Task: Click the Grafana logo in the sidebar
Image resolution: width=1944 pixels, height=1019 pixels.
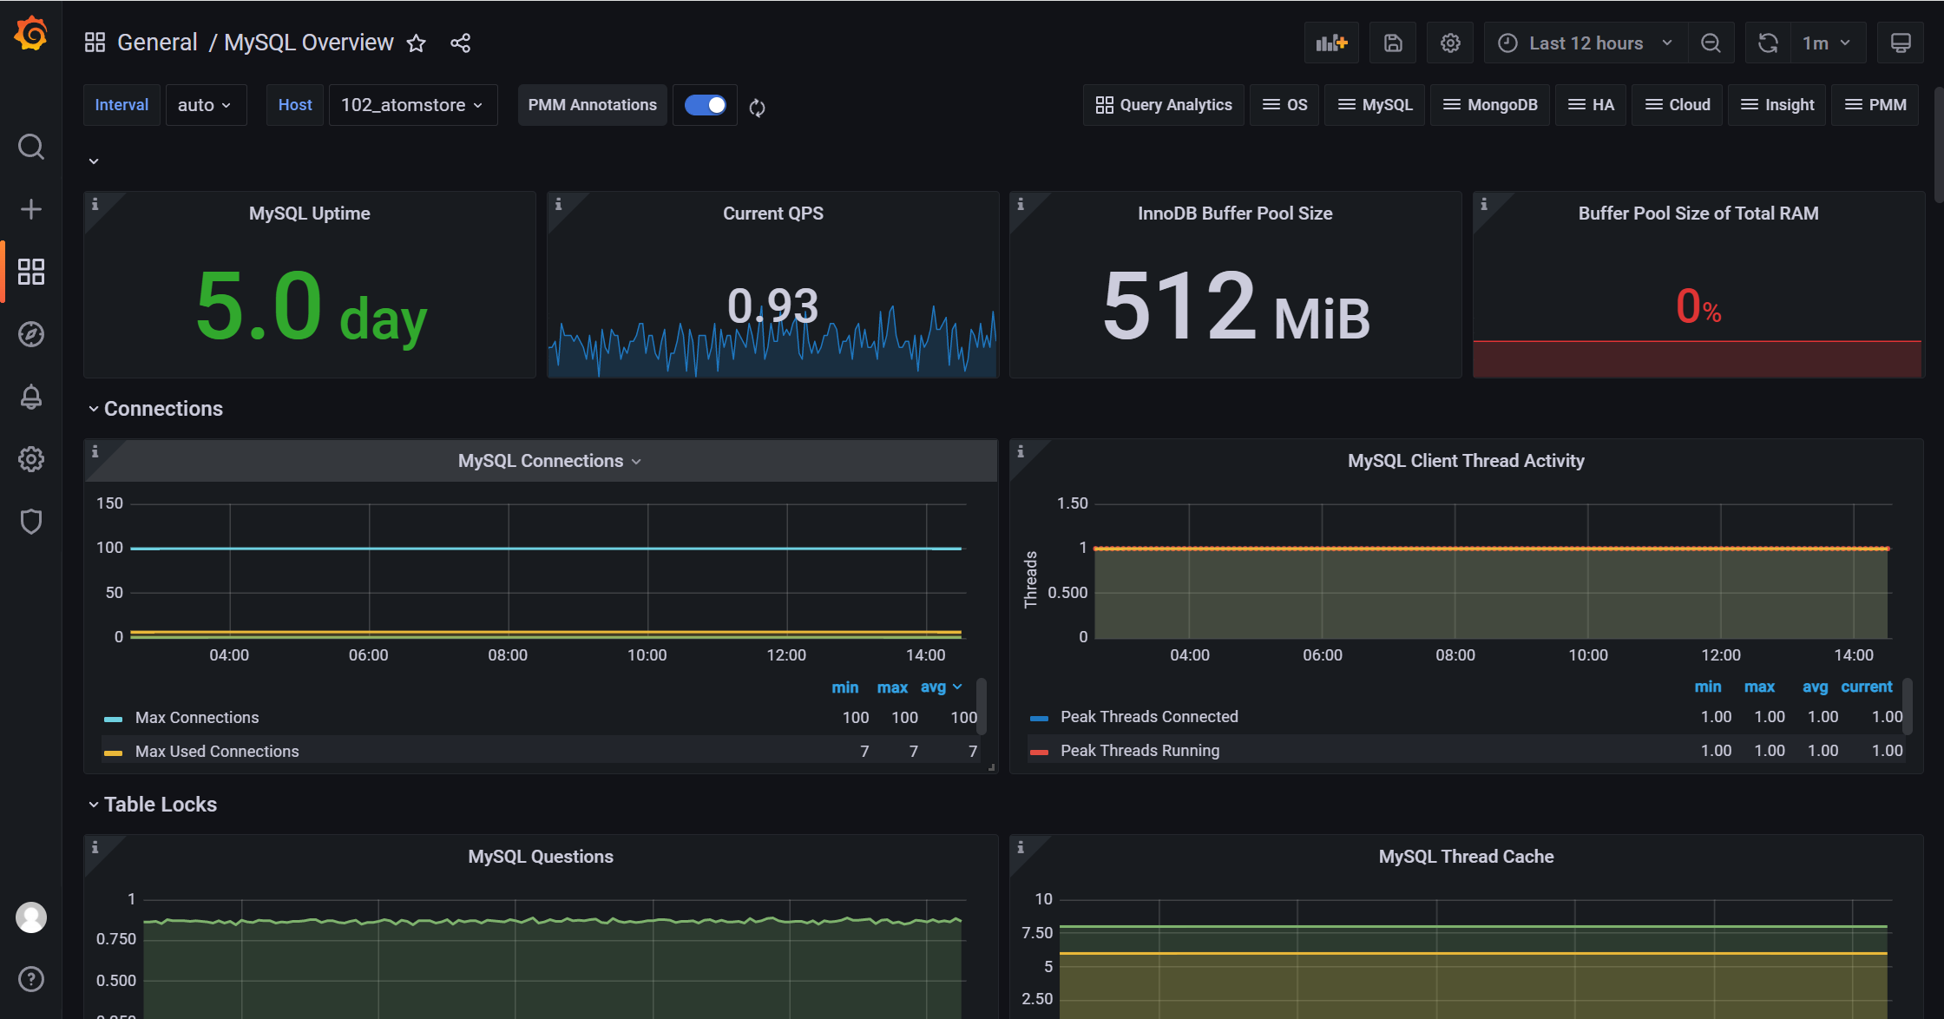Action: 31,35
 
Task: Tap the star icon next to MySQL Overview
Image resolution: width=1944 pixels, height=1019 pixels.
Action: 417,43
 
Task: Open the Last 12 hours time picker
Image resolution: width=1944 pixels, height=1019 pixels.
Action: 1586,43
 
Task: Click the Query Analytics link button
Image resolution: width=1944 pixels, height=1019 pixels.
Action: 1164,105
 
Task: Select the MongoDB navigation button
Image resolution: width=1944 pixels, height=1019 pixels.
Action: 1490,105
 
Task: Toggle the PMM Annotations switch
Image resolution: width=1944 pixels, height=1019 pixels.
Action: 706,105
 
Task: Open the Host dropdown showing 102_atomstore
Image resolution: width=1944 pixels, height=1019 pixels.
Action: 413,105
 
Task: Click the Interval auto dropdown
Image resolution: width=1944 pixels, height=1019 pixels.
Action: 205,105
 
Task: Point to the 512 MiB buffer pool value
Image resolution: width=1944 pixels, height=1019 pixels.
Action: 1236,306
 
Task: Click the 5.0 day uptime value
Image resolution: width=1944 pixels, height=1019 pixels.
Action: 311,306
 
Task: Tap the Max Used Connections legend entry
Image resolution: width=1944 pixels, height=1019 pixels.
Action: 217,752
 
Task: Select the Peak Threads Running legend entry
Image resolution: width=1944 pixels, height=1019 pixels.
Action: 1139,751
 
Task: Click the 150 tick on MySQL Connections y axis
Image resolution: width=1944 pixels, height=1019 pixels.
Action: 110,503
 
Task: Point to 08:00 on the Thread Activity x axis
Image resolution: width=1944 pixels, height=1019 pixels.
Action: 1455,655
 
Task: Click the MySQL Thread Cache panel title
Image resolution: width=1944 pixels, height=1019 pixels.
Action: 1466,857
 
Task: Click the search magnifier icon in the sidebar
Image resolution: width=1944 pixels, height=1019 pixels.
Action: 31,147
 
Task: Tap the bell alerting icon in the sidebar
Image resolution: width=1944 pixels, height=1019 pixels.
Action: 31,397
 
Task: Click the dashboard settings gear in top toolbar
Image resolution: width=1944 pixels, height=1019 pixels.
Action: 1450,43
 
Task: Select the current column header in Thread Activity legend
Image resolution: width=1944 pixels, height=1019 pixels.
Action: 1866,687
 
